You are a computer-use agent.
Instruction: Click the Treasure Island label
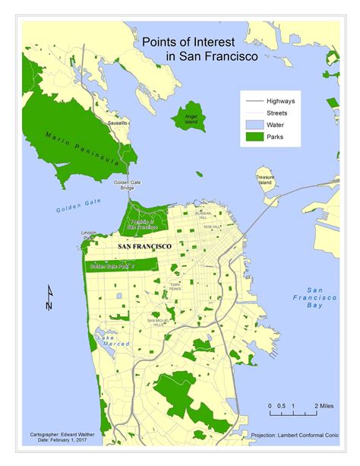point(264,181)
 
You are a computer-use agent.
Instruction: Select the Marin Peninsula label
point(81,148)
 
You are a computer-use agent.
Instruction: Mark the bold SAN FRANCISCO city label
point(145,247)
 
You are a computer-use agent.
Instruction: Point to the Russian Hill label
point(203,215)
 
